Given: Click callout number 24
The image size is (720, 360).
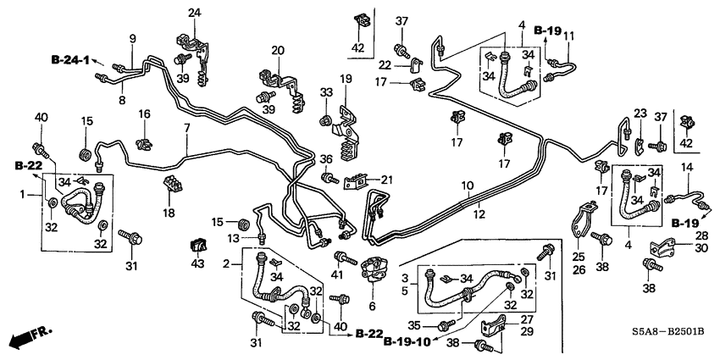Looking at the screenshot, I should coord(195,13).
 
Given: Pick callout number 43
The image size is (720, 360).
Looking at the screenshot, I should coord(198,265).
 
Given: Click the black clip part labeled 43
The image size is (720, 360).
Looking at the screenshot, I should coord(198,246).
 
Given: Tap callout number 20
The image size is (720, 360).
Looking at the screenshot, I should coord(276,52).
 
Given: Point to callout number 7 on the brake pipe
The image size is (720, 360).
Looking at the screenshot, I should coord(186,128).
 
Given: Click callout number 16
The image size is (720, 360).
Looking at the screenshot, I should coord(144,114).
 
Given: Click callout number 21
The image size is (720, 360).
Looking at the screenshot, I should coord(387,179).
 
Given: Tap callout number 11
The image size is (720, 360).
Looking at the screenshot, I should coord(569,35).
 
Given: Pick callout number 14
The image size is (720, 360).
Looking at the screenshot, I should coord(687,168).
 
